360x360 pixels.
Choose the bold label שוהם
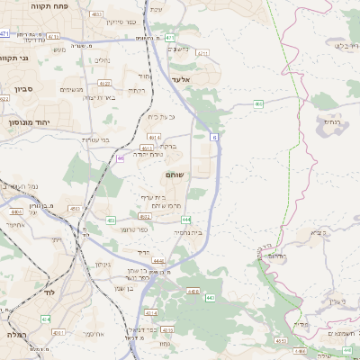[175, 175]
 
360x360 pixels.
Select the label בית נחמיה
[188, 232]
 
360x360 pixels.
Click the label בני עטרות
[93, 139]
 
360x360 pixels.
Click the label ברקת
[167, 146]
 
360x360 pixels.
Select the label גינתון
[102, 265]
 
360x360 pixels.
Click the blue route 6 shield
[215, 137]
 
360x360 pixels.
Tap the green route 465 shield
[258, 104]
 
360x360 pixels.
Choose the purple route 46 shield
[121, 158]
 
